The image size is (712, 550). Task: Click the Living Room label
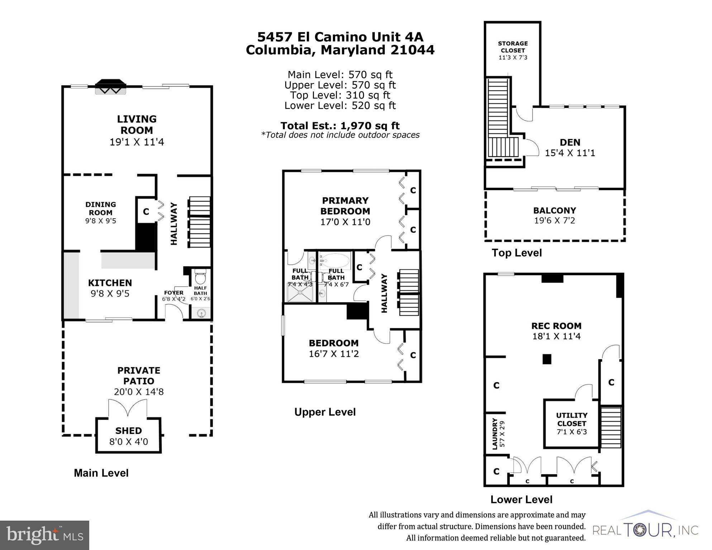[137, 124]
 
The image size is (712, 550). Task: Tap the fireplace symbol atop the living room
[110, 87]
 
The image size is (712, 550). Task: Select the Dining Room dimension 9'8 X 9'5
[100, 221]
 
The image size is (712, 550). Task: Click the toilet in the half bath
[200, 278]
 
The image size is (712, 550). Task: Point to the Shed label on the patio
[128, 431]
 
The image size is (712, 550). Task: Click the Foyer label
[173, 293]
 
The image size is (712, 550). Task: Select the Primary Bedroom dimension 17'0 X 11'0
[345, 222]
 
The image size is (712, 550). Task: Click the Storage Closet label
[512, 47]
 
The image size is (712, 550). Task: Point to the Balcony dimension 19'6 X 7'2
[554, 221]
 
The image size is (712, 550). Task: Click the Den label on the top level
[570, 142]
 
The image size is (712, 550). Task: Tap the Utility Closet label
[572, 419]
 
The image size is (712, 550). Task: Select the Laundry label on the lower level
[495, 434]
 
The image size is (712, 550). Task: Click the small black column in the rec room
[546, 359]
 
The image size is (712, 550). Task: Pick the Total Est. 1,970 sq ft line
[340, 126]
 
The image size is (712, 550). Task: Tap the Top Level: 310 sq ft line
[340, 95]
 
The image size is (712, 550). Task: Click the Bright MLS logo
[44, 535]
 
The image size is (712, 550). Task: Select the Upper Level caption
[325, 412]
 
